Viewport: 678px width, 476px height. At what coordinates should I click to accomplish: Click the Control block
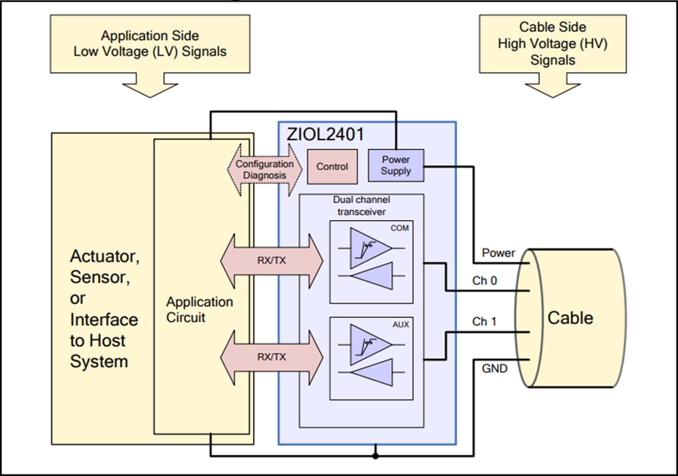coord(332,167)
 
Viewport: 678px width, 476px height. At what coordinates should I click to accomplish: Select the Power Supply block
coord(395,166)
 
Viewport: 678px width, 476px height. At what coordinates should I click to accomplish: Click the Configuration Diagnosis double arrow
coord(264,170)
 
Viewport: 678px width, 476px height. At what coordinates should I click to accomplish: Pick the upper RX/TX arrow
coord(271,260)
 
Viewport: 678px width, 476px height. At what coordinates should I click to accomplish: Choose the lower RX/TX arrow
coord(271,357)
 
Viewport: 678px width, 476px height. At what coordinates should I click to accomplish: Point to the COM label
coord(399,228)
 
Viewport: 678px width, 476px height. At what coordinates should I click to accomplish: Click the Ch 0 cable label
coord(484,281)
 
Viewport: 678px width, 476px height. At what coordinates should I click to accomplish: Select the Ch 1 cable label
coord(484,322)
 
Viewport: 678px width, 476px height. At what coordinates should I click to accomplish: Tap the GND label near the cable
coord(495,369)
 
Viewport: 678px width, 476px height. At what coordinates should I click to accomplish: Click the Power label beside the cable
coord(498,253)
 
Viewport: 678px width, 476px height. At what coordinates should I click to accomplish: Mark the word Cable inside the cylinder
coord(570,317)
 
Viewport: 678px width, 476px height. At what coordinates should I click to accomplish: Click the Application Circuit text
coord(199,310)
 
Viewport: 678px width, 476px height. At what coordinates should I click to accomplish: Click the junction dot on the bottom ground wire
coord(375,455)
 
